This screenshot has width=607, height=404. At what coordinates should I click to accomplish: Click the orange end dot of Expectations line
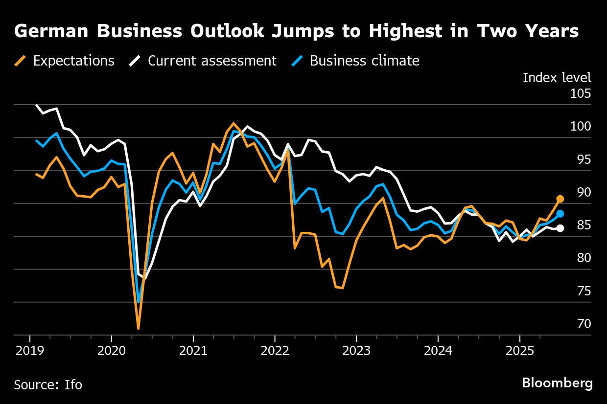pos(560,199)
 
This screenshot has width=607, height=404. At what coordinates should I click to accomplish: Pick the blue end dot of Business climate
pos(560,214)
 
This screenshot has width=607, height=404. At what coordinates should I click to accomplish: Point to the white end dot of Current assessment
pos(560,228)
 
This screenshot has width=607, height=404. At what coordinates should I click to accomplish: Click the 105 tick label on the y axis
pos(581,93)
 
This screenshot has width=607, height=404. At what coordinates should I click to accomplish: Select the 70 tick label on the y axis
pos(584,324)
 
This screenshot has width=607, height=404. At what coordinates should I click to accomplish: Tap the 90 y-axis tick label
pos(584,192)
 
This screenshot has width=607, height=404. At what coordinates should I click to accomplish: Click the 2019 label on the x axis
pos(30,351)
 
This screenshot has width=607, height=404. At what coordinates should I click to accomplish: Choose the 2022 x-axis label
pos(275,351)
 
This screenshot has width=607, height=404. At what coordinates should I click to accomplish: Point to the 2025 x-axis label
pos(519,351)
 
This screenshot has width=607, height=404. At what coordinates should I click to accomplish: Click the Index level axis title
pos(557,78)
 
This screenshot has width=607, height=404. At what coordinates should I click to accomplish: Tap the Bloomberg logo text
pos(557,383)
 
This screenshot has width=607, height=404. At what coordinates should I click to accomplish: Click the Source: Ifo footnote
pos(48,385)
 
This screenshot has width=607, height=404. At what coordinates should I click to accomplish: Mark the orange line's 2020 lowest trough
pos(139,328)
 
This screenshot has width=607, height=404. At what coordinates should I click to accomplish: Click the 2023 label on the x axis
pos(356,351)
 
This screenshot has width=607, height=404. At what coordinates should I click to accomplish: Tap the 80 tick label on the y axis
pos(584,258)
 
